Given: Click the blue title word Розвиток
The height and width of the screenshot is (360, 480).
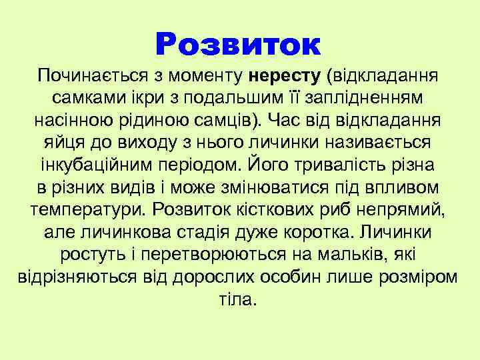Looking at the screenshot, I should [x=238, y=45].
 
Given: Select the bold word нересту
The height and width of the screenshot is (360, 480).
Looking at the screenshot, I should [x=287, y=74].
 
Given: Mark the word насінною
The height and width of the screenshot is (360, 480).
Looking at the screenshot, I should [x=71, y=121].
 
